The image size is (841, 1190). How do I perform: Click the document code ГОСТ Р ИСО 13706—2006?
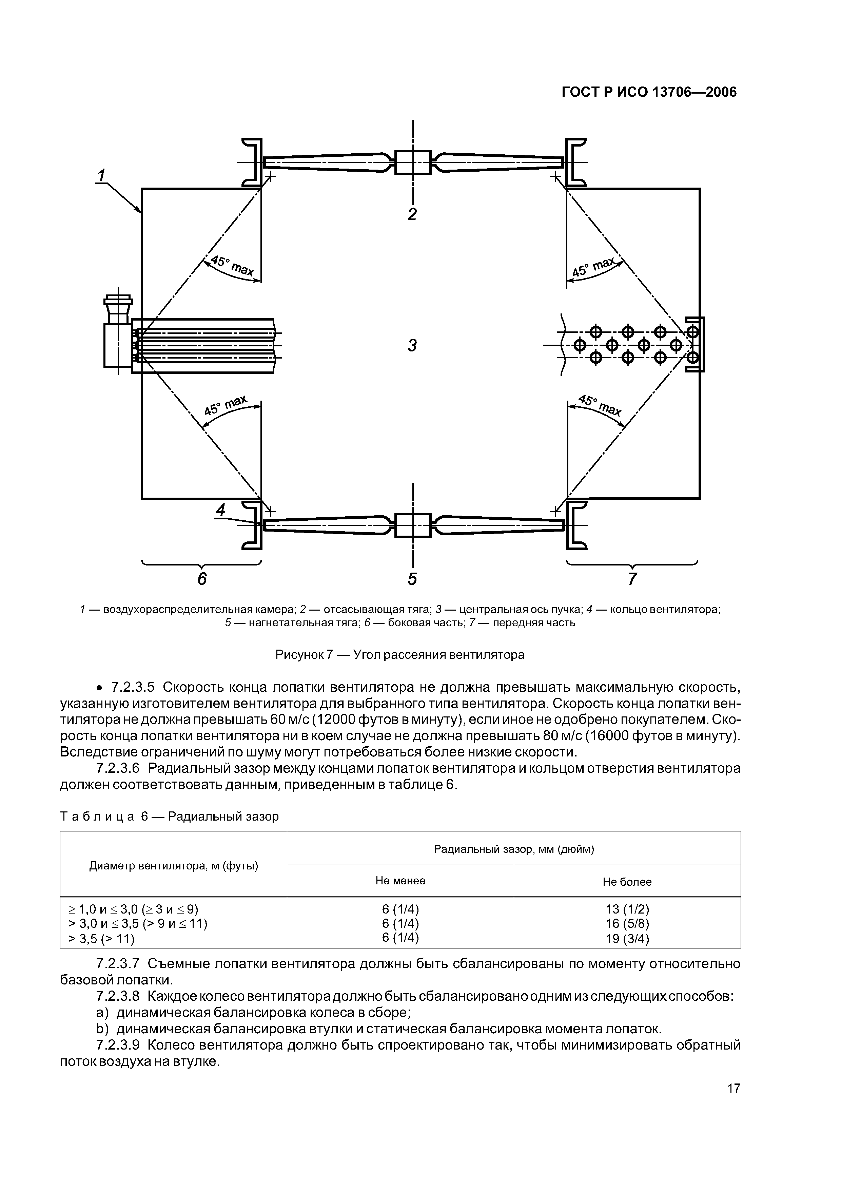(x=649, y=92)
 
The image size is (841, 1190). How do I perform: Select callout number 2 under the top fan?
(x=412, y=214)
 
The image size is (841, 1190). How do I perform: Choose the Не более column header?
(x=627, y=882)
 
